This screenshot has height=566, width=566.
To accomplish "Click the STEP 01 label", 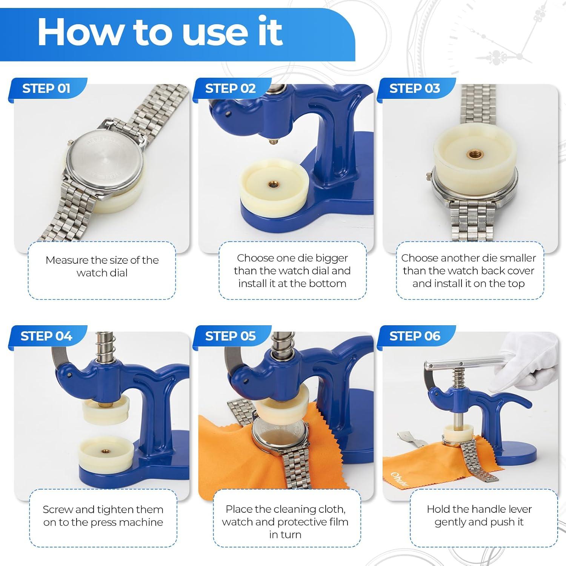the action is click(x=46, y=88).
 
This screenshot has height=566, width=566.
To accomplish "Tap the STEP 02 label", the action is click(x=231, y=88).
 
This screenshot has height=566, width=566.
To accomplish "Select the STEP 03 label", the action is click(x=415, y=88).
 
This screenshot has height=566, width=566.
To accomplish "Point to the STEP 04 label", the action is click(x=46, y=336).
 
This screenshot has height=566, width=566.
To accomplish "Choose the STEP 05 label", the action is click(x=231, y=336).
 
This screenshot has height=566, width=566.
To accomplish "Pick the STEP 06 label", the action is click(x=415, y=336).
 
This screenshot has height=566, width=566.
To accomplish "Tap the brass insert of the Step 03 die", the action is click(x=473, y=153).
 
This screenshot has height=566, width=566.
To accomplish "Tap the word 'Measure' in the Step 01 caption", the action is click(x=67, y=260).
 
